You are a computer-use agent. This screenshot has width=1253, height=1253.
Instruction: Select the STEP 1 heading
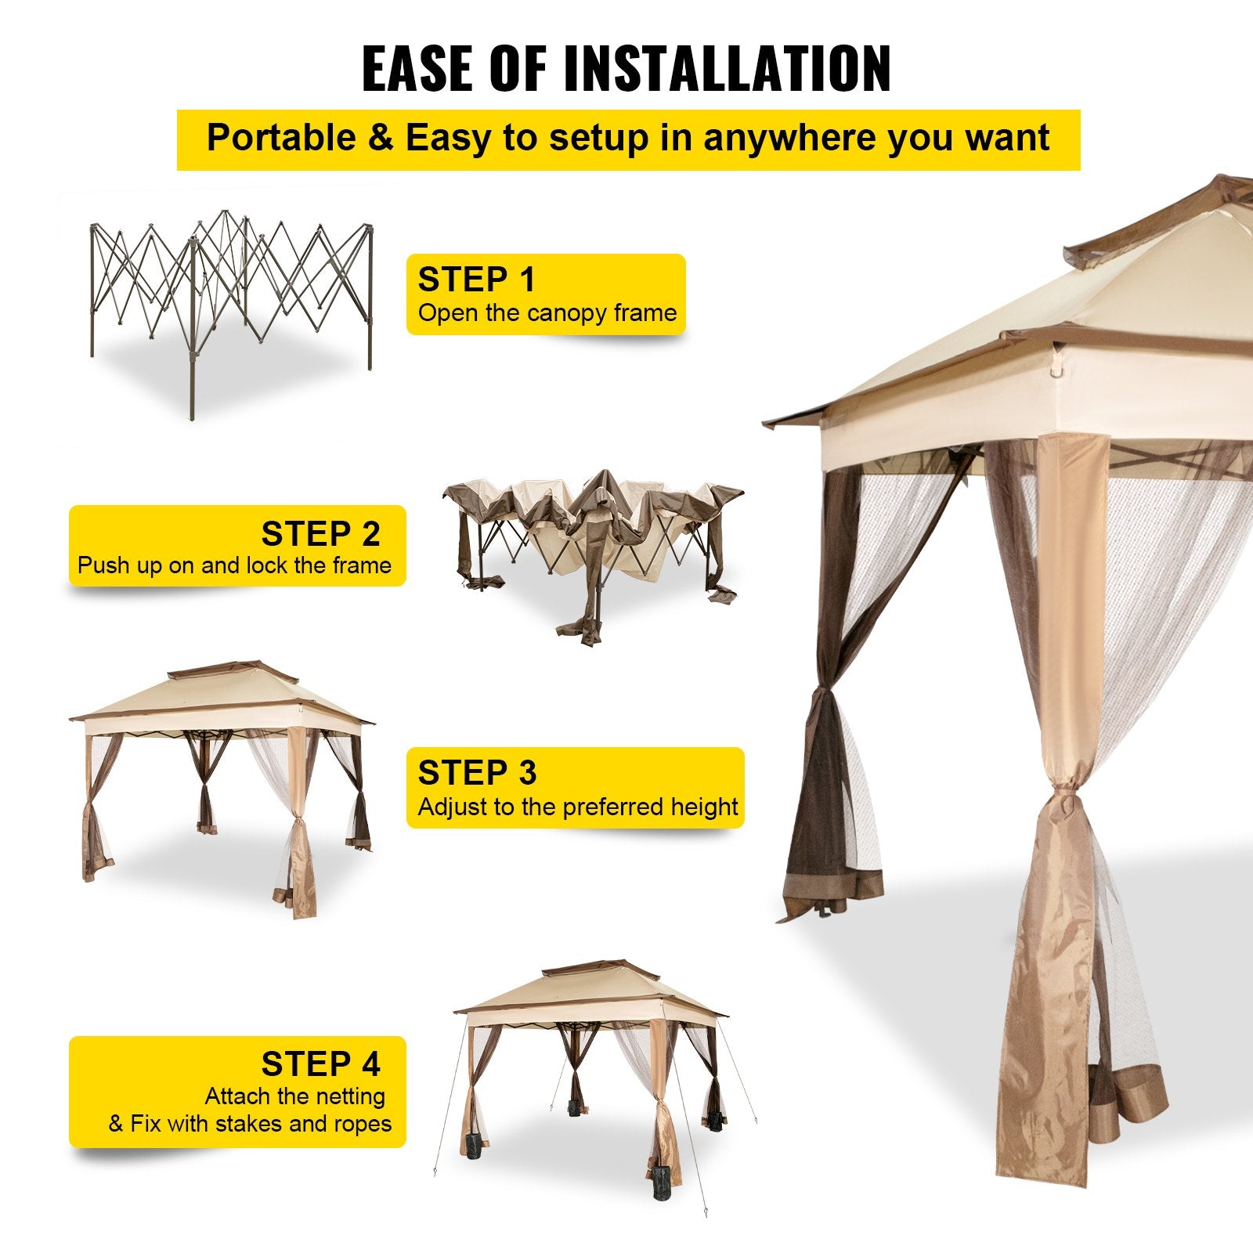[x=476, y=280]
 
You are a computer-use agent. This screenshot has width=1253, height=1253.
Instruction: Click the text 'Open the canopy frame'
[x=547, y=313]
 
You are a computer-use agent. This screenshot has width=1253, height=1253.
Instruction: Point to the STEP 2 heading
[x=320, y=534]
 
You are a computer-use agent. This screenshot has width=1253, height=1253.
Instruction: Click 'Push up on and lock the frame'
[x=234, y=565]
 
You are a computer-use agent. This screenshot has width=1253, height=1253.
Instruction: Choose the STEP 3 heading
[x=477, y=773]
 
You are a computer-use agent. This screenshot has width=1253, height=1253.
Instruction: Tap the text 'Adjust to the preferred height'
[x=578, y=807]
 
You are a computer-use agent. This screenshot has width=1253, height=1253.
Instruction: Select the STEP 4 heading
[x=320, y=1064]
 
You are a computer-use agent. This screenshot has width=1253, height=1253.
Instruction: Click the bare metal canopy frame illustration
[x=231, y=298]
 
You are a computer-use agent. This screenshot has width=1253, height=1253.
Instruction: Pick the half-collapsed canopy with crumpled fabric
[x=593, y=540]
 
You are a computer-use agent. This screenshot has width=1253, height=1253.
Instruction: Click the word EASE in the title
[x=420, y=69]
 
